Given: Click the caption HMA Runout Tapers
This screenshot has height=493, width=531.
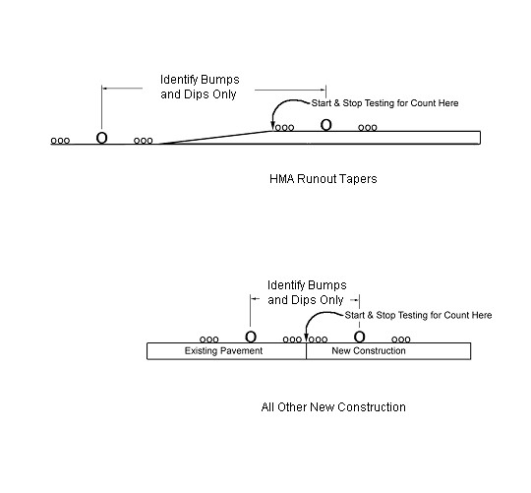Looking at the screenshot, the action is coord(324,179).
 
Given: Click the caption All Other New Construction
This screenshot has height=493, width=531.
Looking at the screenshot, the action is coord(333,407).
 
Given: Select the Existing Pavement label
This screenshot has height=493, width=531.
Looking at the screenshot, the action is coord(223,350).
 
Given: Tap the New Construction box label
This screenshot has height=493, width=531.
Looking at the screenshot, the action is coord(369,350).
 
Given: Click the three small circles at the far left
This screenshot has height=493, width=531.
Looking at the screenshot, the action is coord(60,141).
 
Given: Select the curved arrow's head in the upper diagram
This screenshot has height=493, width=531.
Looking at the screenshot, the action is coord(272,127).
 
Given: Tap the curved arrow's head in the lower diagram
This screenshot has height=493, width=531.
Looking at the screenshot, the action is coord(306,339).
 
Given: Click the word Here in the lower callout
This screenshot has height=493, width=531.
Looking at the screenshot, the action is coord(482,315).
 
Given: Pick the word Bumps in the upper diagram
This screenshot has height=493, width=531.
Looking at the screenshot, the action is coord(220,80).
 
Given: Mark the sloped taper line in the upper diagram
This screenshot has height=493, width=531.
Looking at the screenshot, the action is coord(214,138).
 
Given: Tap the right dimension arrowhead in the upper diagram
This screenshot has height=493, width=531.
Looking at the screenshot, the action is coord(323,90).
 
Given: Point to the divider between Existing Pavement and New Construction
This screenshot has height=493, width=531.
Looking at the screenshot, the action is coord(306,351).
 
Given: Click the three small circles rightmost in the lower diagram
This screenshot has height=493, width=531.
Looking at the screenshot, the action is coord(401,339).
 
